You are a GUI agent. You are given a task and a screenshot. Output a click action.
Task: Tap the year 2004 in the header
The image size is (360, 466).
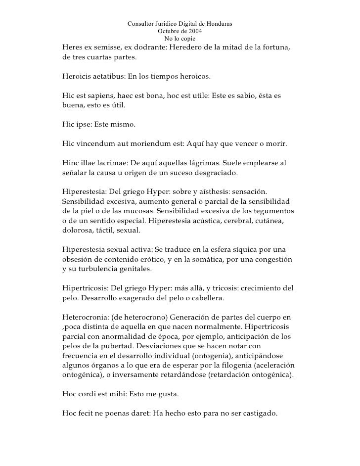[x=192, y=31]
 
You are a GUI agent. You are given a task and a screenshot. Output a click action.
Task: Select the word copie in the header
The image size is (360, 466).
[x=187, y=39]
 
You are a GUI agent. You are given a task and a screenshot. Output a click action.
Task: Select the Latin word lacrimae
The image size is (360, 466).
[x=117, y=163]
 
